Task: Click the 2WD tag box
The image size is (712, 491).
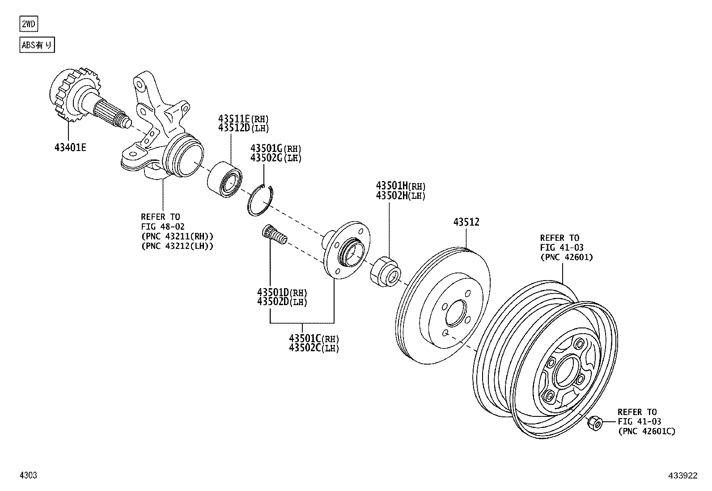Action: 29,24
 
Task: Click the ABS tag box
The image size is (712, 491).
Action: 38,45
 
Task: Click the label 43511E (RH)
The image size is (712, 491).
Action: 244,119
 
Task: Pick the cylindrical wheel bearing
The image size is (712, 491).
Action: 225,180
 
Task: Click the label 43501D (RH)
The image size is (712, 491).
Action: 282,293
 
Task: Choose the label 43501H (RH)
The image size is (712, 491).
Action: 400,186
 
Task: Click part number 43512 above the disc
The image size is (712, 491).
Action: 466,222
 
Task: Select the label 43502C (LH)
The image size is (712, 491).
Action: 314,348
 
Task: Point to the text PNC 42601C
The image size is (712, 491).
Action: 647,431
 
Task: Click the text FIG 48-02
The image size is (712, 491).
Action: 163,227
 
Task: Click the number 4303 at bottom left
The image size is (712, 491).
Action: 28,476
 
